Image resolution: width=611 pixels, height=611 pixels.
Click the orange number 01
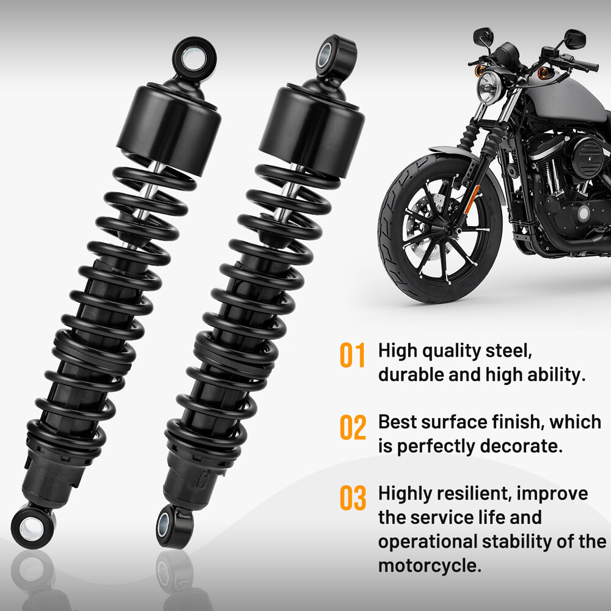353,355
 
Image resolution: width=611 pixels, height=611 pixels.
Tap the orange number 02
353,427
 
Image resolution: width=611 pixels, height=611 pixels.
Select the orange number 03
353,497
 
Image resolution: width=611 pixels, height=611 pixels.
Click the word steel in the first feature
508,351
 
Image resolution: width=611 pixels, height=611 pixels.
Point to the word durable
411,375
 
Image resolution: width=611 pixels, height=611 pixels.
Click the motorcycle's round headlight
489,87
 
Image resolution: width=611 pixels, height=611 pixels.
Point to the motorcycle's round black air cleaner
588,156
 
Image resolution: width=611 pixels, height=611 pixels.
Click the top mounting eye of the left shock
194,59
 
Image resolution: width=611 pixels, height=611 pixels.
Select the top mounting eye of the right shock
334,56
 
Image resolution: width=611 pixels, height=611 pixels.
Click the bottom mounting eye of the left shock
33,528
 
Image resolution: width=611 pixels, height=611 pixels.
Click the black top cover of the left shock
169,129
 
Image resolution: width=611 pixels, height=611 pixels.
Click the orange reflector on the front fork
472,199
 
